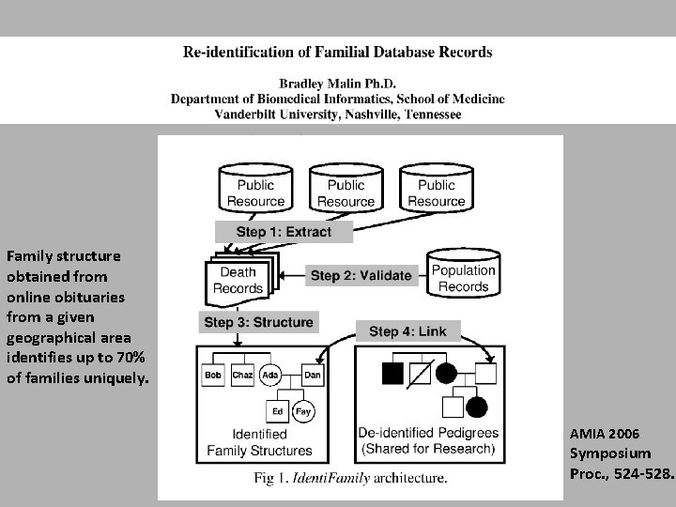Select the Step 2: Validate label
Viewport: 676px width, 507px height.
coord(361,275)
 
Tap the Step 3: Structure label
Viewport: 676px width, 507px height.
coord(257,322)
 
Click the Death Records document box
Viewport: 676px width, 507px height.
coord(237,281)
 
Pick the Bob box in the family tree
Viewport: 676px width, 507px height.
coord(213,376)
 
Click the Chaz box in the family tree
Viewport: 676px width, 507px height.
coord(242,376)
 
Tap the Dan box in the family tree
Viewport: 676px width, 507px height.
coord(313,376)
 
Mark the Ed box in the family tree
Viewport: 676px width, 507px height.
coord(277,411)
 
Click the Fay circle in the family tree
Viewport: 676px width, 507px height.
coord(303,411)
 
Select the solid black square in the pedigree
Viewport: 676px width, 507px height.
coord(392,374)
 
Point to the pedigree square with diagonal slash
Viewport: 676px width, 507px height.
coord(420,374)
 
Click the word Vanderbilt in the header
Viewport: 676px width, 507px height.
coord(253,114)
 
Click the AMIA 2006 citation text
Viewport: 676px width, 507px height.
coord(605,433)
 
